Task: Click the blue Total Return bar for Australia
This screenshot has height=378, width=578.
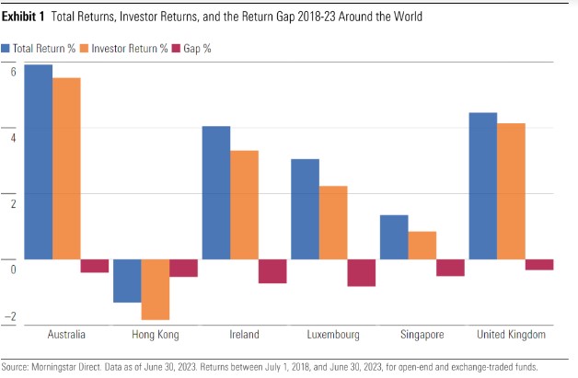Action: pyautogui.click(x=39, y=162)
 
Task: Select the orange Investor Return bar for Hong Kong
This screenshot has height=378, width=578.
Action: pyautogui.click(x=156, y=289)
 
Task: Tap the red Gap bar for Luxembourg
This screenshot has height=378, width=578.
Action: pyautogui.click(x=362, y=273)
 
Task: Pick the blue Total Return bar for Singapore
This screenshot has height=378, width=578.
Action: pyautogui.click(x=394, y=237)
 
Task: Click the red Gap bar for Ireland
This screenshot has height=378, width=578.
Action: pyautogui.click(x=272, y=271)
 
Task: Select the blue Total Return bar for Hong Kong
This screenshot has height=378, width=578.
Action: pyautogui.click(x=127, y=281)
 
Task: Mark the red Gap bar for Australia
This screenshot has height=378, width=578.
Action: pyautogui.click(x=95, y=266)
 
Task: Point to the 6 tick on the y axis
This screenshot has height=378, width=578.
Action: pyautogui.click(x=13, y=71)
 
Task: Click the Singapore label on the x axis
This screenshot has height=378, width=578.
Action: pyautogui.click(x=422, y=335)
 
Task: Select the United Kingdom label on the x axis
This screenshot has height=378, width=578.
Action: pyautogui.click(x=512, y=335)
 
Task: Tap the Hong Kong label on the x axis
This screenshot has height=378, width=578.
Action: pyautogui.click(x=155, y=335)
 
